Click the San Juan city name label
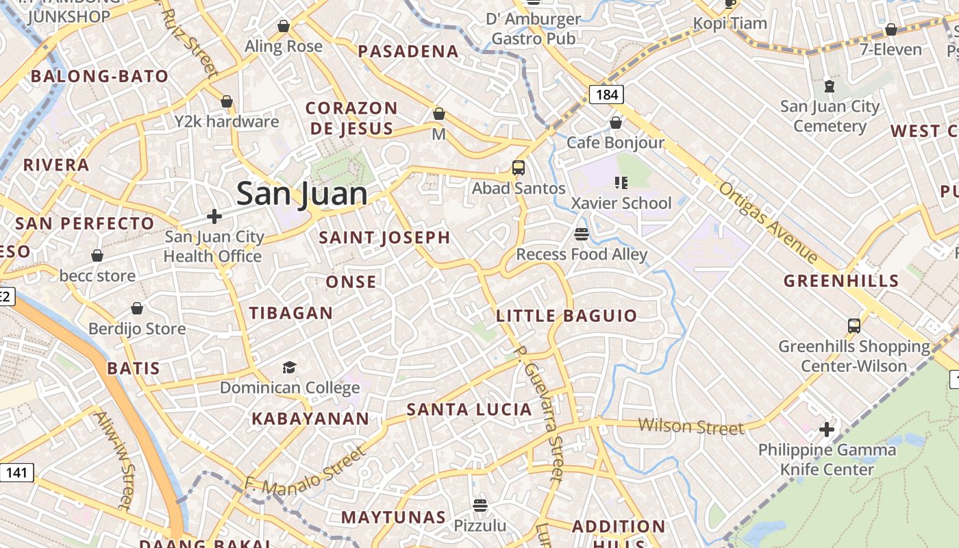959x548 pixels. tap(302, 194)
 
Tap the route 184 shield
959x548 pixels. tap(607, 95)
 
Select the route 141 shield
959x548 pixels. tap(16, 472)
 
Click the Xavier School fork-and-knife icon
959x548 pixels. tap(621, 183)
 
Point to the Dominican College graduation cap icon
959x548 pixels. tap(290, 368)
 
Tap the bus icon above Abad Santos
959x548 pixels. tap(519, 168)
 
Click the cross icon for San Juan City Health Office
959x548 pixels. tap(214, 216)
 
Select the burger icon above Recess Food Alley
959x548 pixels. tap(582, 234)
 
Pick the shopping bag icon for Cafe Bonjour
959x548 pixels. tap(616, 123)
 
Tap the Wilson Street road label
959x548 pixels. tap(690, 427)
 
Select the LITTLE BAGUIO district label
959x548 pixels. tap(566, 316)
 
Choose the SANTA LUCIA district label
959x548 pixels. tap(469, 410)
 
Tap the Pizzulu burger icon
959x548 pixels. tap(480, 506)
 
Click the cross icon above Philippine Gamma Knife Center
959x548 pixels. tap(827, 429)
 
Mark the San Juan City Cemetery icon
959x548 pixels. tap(830, 86)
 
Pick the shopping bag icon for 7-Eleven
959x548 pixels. tap(891, 29)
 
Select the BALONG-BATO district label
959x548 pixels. tap(100, 76)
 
